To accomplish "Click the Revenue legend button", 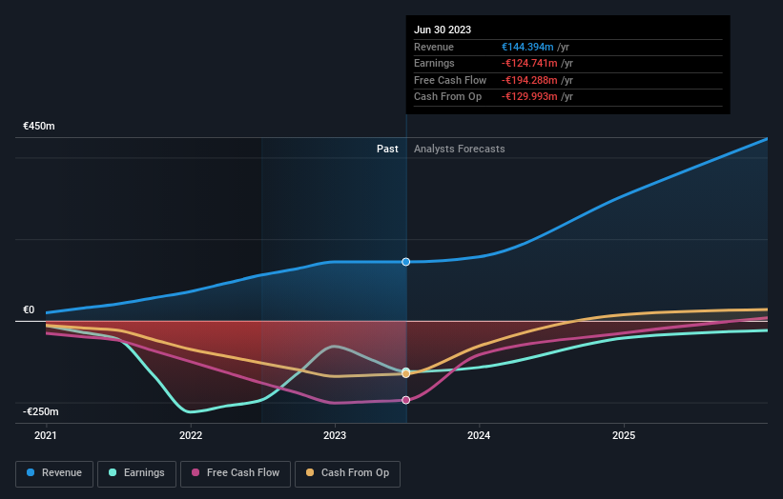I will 54,472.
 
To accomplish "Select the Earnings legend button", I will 136,472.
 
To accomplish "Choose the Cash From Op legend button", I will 348,472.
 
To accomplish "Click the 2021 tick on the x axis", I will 46,435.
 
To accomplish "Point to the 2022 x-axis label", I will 191,435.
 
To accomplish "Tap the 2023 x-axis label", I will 335,435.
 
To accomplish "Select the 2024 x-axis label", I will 479,435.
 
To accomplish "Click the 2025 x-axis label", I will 624,435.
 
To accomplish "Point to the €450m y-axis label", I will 40,126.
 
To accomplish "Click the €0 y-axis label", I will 29,309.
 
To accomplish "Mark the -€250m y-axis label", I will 41,411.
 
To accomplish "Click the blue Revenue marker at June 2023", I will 406,262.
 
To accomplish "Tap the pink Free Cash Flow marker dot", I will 406,400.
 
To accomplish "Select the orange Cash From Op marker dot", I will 406,373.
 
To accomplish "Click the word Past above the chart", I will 387,149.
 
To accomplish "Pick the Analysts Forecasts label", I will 460,149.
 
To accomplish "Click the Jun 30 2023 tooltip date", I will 443,30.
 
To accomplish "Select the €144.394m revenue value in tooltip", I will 535,47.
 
